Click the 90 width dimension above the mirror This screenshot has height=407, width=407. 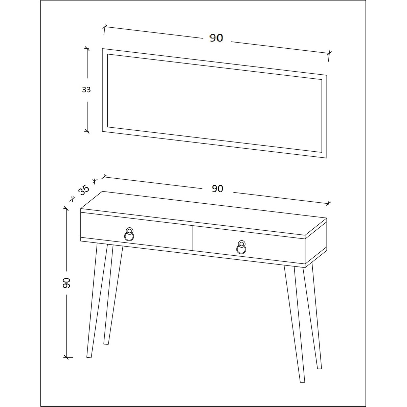click(x=216, y=38)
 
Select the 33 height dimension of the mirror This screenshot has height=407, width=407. click(x=86, y=90)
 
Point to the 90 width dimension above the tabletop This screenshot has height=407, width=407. click(x=217, y=188)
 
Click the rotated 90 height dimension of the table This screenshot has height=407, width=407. click(x=66, y=283)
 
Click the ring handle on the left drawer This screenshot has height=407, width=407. click(x=129, y=234)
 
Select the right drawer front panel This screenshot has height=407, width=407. click(x=249, y=245)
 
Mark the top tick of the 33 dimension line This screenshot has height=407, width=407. click(x=87, y=49)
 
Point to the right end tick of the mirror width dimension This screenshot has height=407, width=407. click(x=329, y=54)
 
